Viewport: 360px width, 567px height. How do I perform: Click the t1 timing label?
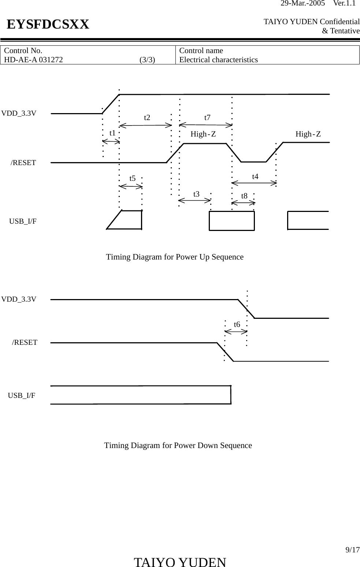tap(112, 133)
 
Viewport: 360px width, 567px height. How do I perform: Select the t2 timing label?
tap(147, 117)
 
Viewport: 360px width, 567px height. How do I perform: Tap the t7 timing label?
tap(207, 117)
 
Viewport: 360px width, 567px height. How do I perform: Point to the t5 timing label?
tap(133, 178)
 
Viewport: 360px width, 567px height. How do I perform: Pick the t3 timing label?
tap(196, 194)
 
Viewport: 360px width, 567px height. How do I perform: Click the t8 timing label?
tap(244, 196)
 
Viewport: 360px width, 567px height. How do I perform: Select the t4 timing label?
tap(255, 176)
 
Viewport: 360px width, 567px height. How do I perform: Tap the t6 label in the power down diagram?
tap(237, 324)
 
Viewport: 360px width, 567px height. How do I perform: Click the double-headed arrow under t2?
tap(146, 125)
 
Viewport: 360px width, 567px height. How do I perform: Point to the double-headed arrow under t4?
tap(254, 182)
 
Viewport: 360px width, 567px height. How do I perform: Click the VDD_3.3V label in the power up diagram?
tap(19, 113)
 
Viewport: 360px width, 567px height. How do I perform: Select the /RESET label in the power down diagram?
tap(25, 342)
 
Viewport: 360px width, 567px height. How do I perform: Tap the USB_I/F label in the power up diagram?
tap(23, 221)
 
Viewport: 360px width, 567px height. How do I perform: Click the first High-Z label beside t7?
tap(203, 134)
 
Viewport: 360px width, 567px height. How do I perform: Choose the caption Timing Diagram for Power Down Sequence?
tap(178, 445)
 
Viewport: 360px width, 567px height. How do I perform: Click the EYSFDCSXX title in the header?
tap(48, 25)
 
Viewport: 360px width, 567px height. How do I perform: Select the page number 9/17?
tap(353, 550)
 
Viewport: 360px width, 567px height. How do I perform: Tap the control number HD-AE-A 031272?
tap(33, 60)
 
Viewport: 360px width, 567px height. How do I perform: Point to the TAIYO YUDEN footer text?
tap(180, 562)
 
